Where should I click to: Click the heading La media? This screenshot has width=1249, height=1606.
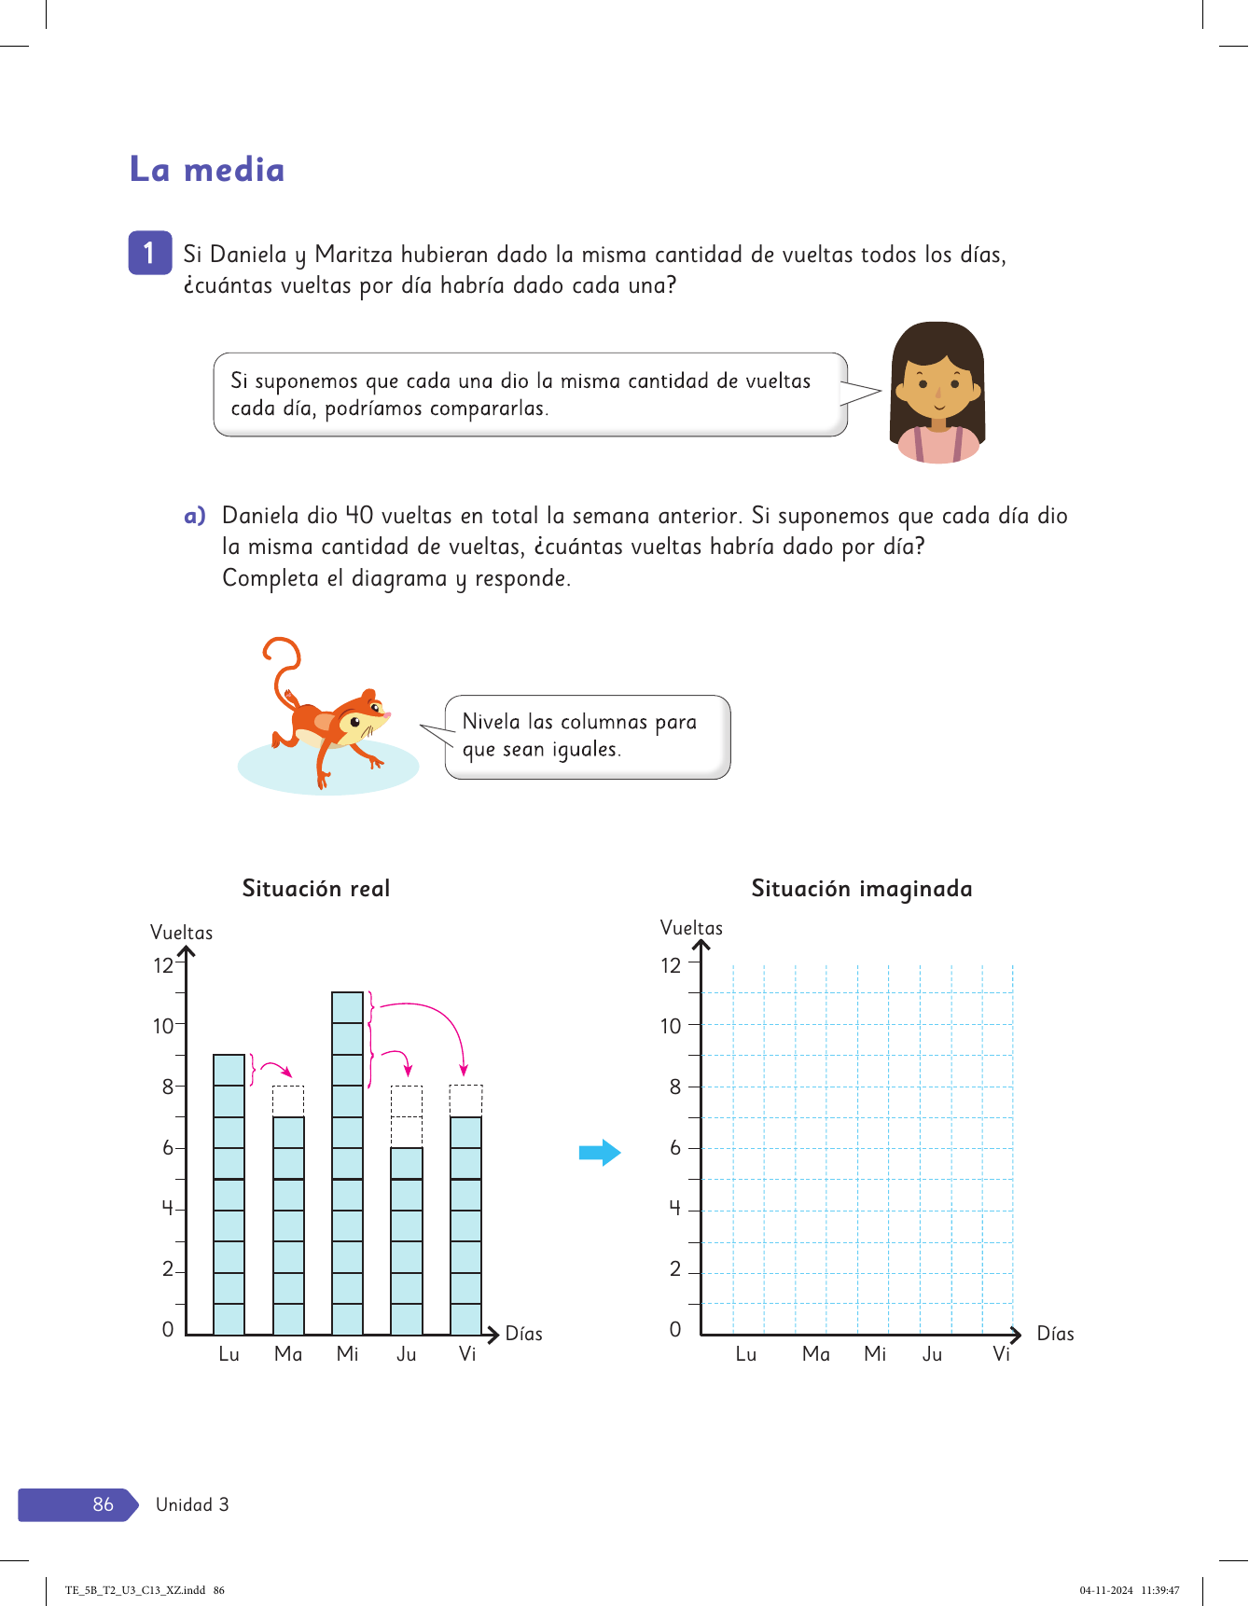click(207, 170)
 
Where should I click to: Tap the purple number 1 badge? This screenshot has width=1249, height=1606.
click(149, 253)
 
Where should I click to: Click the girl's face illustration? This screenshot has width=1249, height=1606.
click(937, 382)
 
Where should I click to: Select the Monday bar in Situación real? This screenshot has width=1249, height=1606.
click(229, 1194)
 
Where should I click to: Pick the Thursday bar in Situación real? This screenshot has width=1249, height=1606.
click(406, 1240)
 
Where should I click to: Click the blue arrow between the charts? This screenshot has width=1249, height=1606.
click(599, 1153)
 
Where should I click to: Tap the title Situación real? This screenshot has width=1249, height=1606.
click(316, 888)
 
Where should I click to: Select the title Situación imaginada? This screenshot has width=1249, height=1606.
click(862, 888)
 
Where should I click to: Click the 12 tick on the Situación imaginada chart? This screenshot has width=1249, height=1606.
click(671, 965)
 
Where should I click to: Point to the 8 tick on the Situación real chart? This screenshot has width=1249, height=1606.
click(168, 1087)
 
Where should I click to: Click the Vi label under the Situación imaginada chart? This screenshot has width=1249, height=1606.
click(1001, 1354)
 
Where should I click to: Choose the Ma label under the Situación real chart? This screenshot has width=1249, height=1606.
click(288, 1354)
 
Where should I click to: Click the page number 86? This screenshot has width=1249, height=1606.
click(103, 1504)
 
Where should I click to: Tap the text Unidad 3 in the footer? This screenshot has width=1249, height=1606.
click(192, 1504)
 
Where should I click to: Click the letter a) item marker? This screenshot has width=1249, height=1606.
click(194, 516)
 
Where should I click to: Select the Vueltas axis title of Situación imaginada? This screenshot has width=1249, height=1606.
click(691, 928)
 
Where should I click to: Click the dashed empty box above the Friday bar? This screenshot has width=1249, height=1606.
click(465, 1101)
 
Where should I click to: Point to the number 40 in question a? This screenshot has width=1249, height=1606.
click(359, 516)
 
